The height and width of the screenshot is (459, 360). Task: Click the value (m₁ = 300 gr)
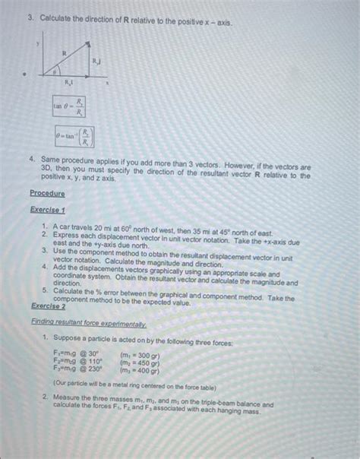[141, 354]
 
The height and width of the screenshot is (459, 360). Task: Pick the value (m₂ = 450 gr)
[141, 362]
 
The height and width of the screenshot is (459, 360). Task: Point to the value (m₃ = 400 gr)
[141, 371]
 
